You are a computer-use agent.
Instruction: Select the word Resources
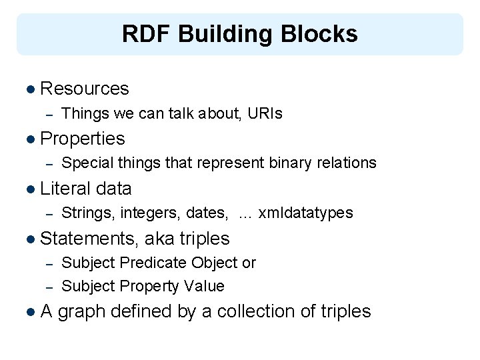pyautogui.click(x=85, y=89)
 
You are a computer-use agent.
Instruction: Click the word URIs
pyautogui.click(x=265, y=114)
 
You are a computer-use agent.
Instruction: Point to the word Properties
pyautogui.click(x=83, y=139)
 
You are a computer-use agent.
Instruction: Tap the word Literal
pyautogui.click(x=65, y=189)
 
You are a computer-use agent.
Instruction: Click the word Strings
pyautogui.click(x=88, y=213)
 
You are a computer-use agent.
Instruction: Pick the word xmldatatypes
pyautogui.click(x=305, y=213)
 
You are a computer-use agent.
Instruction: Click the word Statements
pyautogui.click(x=89, y=239)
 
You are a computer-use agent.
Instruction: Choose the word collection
pyautogui.click(x=259, y=311)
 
